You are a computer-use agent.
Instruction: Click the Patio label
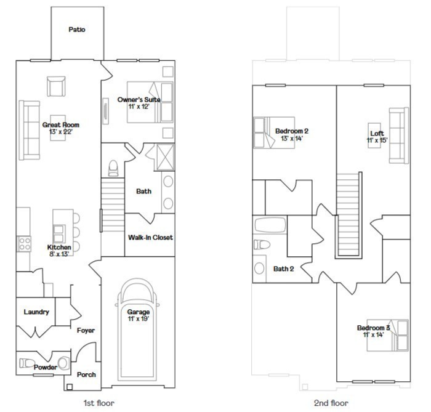(x=77, y=29)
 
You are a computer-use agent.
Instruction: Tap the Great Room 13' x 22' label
(x=60, y=128)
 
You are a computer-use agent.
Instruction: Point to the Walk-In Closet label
(x=150, y=237)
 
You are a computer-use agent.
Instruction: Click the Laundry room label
(x=36, y=312)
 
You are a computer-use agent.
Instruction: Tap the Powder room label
(x=46, y=368)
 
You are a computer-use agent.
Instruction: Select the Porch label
(x=86, y=374)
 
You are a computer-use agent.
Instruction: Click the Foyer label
(x=86, y=331)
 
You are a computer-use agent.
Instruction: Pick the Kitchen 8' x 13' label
(x=60, y=251)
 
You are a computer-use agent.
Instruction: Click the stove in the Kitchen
(x=25, y=244)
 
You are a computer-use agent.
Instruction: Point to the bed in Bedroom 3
(x=397, y=336)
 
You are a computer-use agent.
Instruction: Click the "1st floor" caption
(x=98, y=403)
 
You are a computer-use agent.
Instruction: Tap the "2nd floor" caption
(x=331, y=403)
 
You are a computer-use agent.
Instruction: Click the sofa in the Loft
(x=398, y=135)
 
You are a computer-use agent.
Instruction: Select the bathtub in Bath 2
(x=270, y=225)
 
